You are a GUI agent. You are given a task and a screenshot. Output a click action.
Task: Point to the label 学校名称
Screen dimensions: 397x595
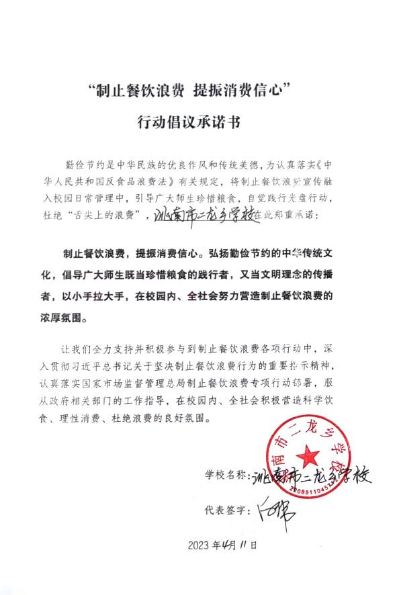226,474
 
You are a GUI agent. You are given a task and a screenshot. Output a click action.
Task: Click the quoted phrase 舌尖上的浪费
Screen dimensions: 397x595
106,217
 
